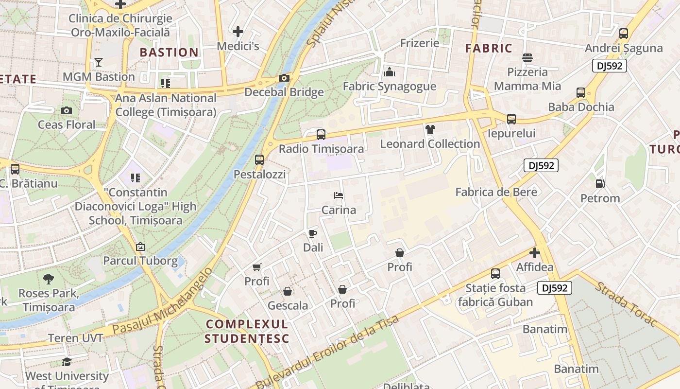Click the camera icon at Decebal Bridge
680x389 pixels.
[284, 78]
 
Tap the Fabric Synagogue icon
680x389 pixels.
[390, 72]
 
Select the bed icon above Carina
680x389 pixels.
[339, 195]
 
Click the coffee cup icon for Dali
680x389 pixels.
[313, 233]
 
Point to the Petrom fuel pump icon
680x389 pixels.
[600, 184]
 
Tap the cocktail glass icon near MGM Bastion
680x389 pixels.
[99, 62]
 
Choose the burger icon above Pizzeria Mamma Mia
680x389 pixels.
[527, 58]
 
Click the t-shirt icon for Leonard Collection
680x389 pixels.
[430, 129]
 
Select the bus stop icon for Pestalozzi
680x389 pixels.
[259, 159]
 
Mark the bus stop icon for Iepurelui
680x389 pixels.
[511, 119]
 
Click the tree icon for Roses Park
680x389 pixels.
[48, 279]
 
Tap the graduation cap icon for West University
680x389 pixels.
[67, 362]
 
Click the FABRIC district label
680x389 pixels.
[489, 48]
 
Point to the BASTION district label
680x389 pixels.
[169, 52]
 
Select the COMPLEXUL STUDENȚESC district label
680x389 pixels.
[247, 331]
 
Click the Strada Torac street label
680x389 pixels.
[626, 305]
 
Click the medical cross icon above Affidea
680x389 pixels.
[535, 253]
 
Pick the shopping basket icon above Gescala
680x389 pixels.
[288, 291]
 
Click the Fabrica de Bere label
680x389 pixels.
[496, 192]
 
